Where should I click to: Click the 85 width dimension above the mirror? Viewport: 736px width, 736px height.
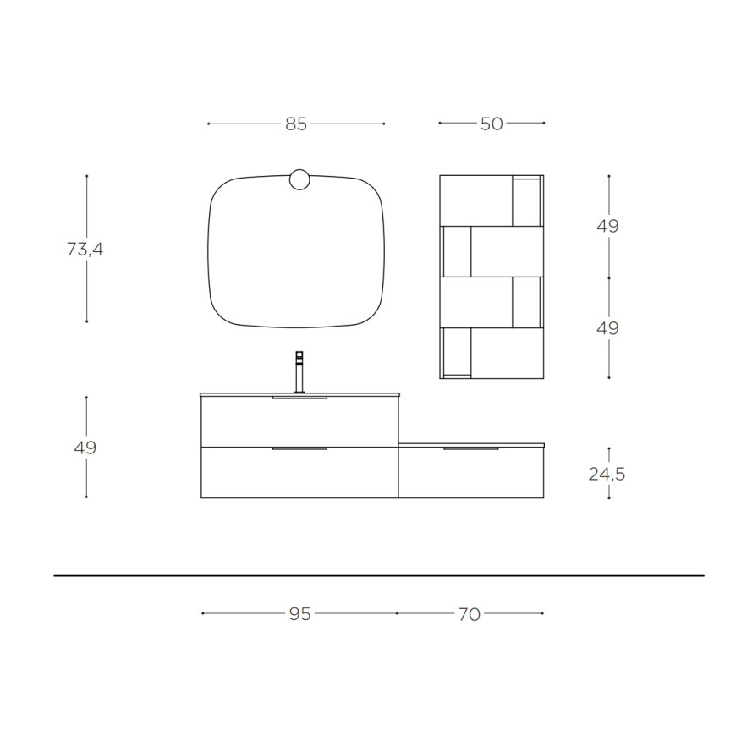(296, 124)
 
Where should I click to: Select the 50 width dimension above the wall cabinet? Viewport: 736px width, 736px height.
(492, 124)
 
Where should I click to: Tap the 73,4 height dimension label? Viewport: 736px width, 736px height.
(85, 249)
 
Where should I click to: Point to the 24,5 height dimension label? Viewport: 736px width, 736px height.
(607, 474)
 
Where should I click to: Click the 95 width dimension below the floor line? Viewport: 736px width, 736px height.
(300, 614)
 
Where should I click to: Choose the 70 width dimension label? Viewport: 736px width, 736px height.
(470, 614)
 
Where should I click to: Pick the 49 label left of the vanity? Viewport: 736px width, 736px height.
(85, 448)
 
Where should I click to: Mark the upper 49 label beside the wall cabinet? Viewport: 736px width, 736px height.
(608, 226)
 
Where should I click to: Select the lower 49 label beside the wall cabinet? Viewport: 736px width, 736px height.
(608, 328)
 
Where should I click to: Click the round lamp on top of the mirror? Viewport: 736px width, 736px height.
(299, 180)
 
